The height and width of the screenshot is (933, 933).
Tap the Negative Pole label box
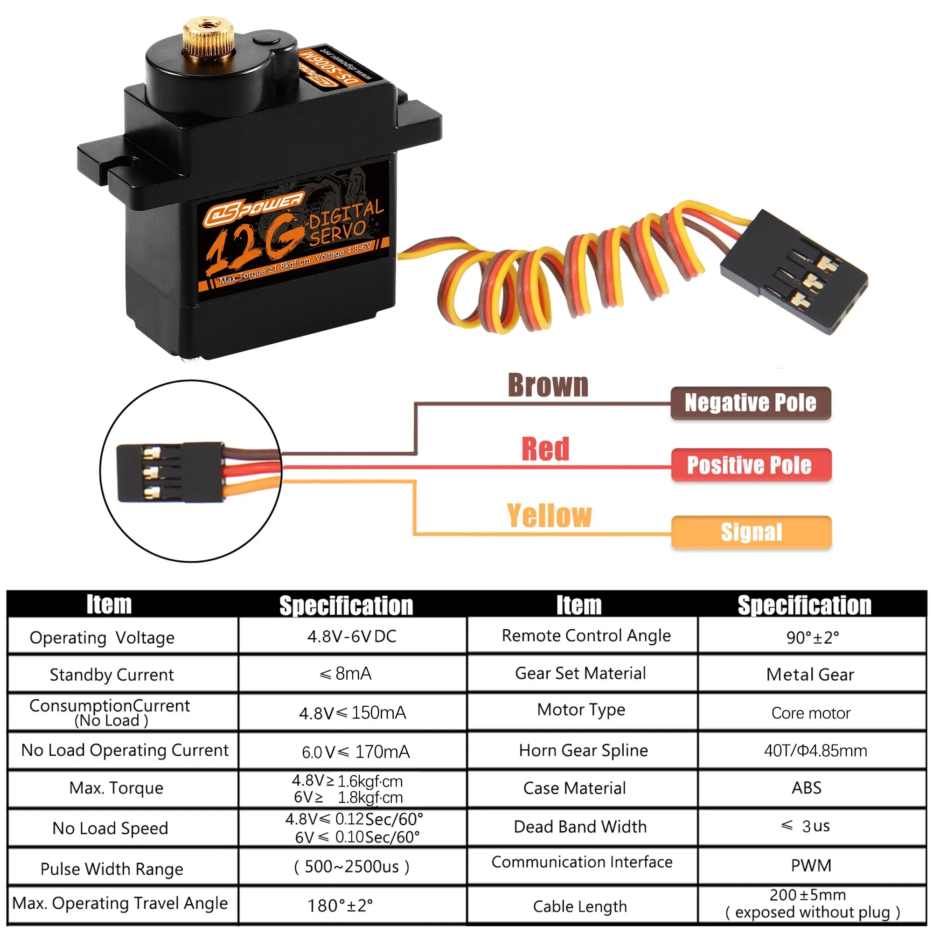tap(751, 403)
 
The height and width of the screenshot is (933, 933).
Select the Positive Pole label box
tap(751, 465)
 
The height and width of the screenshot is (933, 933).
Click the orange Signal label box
tap(751, 532)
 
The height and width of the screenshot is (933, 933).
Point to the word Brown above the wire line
tap(548, 385)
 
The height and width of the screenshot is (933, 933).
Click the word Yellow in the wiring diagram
tap(549, 515)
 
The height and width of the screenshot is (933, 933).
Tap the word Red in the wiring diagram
tap(545, 449)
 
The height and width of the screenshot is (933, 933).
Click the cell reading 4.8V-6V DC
tap(352, 636)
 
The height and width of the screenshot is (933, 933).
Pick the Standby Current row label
tap(111, 674)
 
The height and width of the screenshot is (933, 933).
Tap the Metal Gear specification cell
tap(810, 674)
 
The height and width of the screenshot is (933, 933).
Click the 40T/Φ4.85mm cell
tap(815, 750)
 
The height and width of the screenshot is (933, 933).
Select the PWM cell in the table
tap(811, 865)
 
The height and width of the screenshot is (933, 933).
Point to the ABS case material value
tap(806, 787)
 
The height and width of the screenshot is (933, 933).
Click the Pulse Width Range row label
tap(111, 869)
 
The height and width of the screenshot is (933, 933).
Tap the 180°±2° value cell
tap(340, 905)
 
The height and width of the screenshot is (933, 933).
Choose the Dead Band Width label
tap(580, 826)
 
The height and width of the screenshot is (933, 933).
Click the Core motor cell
tap(810, 713)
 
